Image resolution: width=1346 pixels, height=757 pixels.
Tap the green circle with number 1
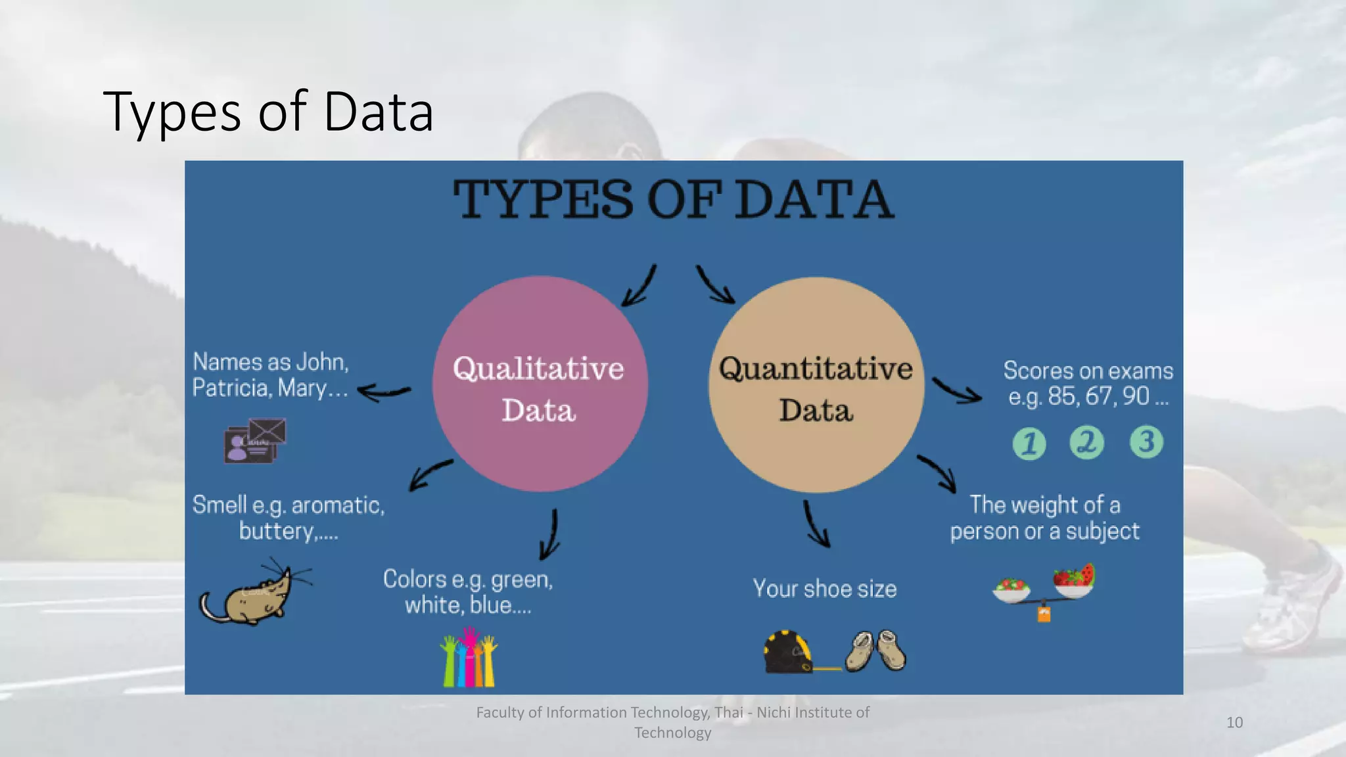[1029, 443]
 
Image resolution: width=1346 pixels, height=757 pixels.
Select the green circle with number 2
[1087, 442]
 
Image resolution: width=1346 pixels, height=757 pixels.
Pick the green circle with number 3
[1146, 442]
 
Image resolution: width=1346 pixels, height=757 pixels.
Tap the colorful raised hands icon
[469, 658]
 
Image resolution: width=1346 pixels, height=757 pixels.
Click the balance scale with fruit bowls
[1044, 589]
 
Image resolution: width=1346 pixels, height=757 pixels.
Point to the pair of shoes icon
[875, 651]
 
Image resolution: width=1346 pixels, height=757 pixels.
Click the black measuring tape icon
[787, 652]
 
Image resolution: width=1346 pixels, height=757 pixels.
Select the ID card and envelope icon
[255, 440]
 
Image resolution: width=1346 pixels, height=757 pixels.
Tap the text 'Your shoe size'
[824, 589]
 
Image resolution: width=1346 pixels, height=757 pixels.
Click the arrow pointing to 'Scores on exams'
[957, 390]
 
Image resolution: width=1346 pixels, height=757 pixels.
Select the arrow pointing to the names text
[384, 392]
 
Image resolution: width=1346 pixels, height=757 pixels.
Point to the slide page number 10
[1234, 722]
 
